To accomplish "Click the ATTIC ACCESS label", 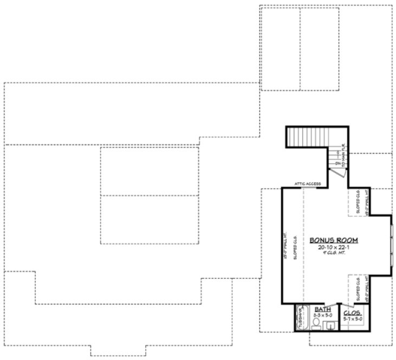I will (308, 184).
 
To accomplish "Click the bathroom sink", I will (330, 325).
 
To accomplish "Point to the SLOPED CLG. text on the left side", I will (295, 247).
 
